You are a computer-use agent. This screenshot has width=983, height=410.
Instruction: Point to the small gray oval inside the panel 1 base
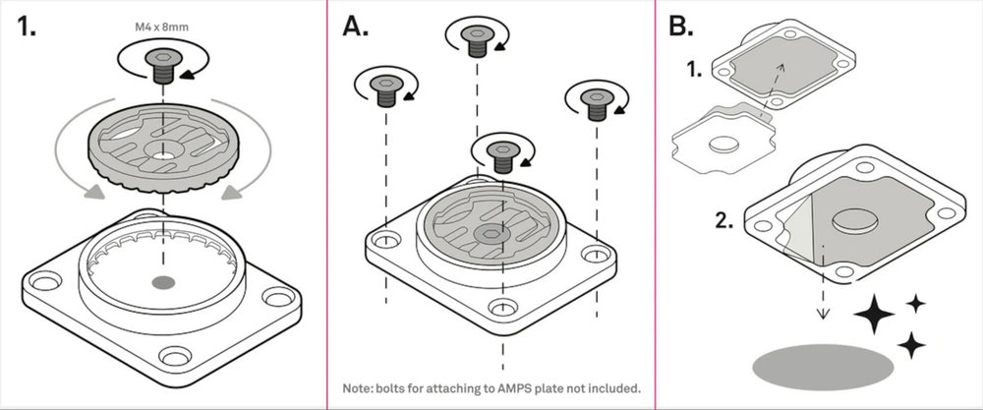pyautogui.click(x=162, y=282)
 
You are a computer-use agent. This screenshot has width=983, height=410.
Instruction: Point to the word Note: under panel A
pyautogui.click(x=356, y=386)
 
